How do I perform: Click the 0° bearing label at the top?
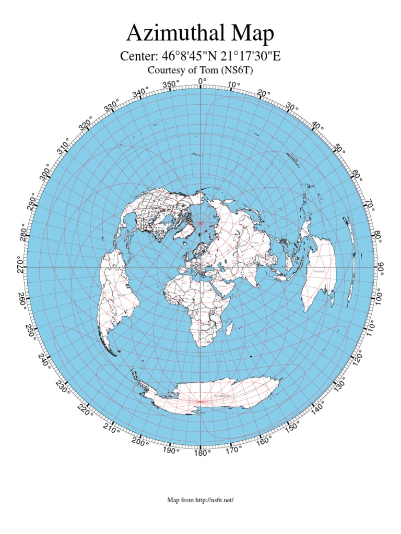(x=202, y=81)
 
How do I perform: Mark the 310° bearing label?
(x=64, y=146)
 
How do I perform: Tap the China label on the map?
(x=255, y=242)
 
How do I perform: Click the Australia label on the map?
(x=319, y=272)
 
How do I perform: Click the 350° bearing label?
(x=170, y=84)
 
